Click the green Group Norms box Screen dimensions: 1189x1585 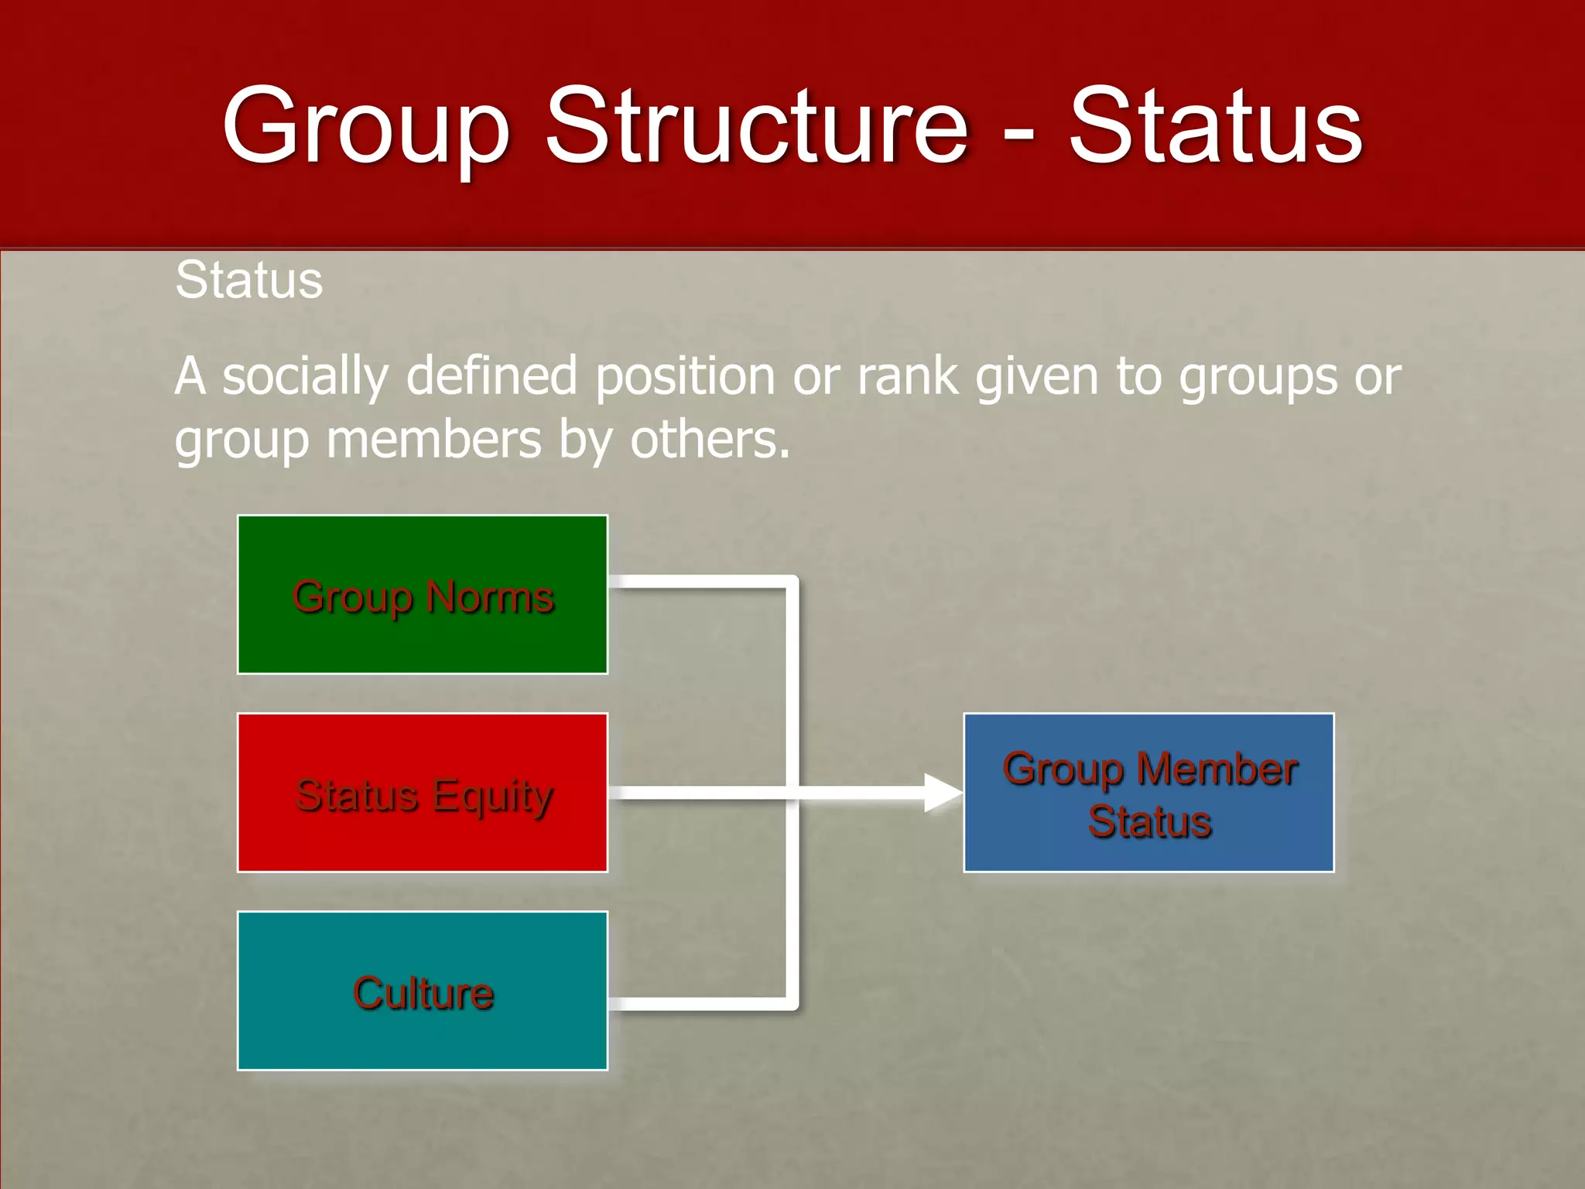[x=423, y=594]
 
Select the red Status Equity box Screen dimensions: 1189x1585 [x=423, y=793]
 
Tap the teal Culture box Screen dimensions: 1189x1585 [x=423, y=991]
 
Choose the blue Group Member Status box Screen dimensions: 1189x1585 [x=1149, y=793]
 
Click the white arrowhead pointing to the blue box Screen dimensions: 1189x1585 [x=943, y=793]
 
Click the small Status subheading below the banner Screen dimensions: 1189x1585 [x=248, y=279]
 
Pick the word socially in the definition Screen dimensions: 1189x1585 [x=305, y=377]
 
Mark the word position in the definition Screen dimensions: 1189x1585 [x=686, y=377]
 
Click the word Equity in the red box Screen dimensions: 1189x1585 [x=493, y=797]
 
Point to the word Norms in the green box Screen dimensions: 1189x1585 [x=490, y=597]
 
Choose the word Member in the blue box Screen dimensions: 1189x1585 [x=1217, y=769]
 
